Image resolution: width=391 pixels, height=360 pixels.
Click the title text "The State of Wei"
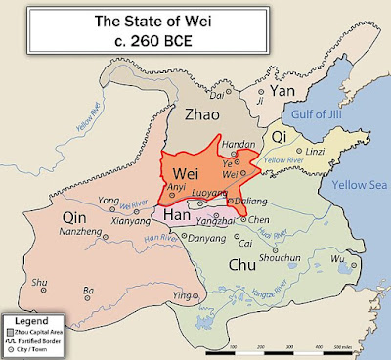(196, 19)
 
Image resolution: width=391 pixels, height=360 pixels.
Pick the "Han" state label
(176, 216)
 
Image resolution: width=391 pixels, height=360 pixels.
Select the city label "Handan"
(239, 144)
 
